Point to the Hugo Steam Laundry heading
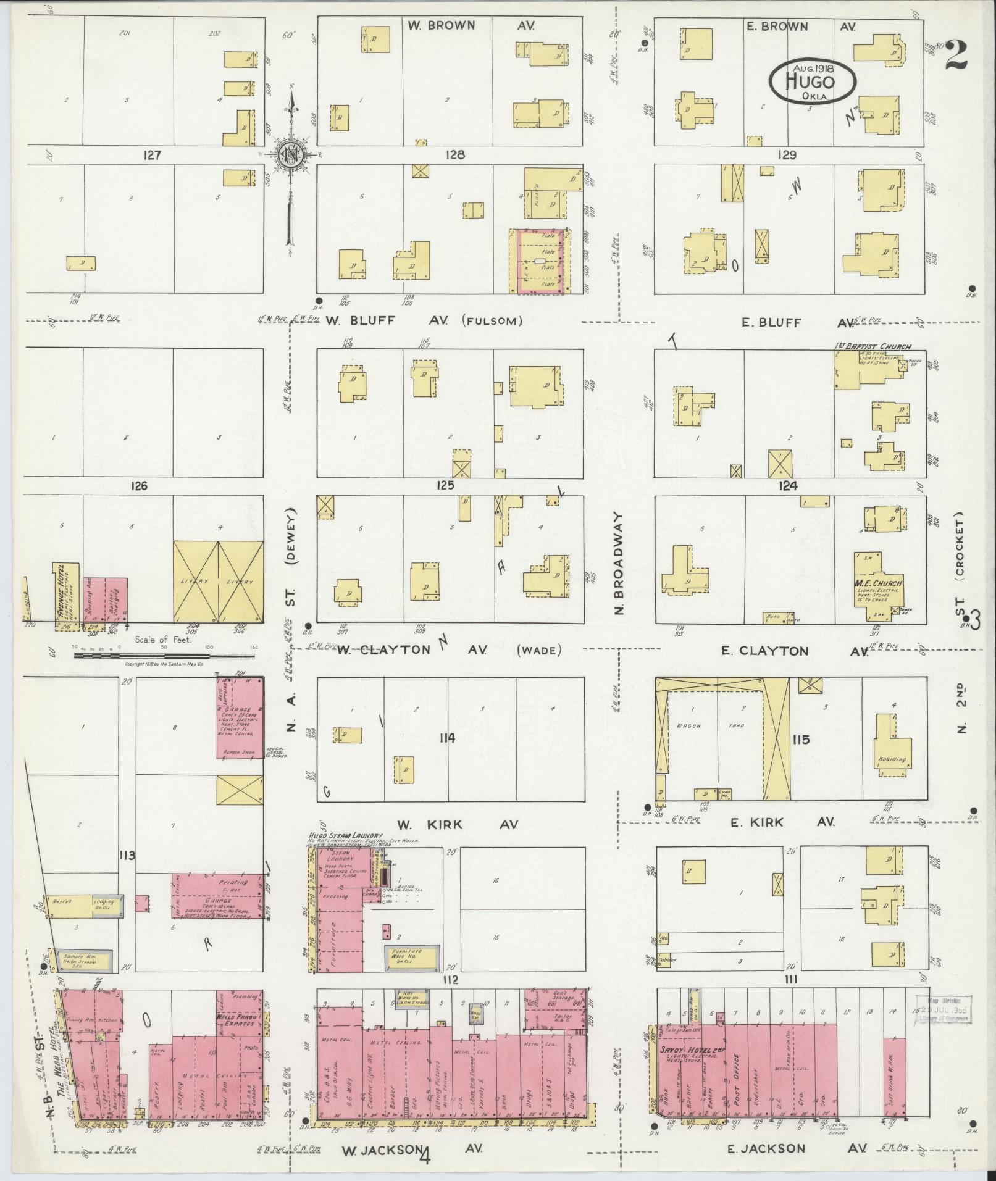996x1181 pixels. coord(345,835)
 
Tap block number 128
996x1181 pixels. coord(454,155)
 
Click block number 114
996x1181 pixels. coord(447,738)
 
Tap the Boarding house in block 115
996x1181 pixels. coord(892,760)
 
